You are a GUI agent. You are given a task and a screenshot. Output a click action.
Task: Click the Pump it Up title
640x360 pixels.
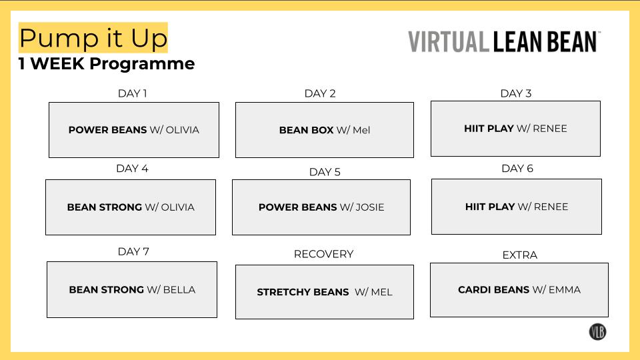pyautogui.click(x=93, y=38)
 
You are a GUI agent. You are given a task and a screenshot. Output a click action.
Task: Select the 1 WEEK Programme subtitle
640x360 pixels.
pyautogui.click(x=107, y=64)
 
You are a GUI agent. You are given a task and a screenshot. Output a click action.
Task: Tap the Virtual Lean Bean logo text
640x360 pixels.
pyautogui.click(x=504, y=41)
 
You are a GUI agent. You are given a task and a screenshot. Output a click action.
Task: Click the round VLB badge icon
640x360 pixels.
pyautogui.click(x=597, y=331)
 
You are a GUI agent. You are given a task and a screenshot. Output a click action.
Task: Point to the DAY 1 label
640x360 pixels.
pyautogui.click(x=132, y=93)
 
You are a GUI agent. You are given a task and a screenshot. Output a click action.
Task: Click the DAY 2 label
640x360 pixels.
pyautogui.click(x=320, y=93)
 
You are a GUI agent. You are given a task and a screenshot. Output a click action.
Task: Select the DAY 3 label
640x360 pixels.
pyautogui.click(x=516, y=93)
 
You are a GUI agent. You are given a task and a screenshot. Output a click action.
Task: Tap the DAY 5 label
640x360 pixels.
pyautogui.click(x=325, y=172)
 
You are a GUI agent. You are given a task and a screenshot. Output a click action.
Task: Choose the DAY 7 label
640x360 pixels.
pyautogui.click(x=133, y=251)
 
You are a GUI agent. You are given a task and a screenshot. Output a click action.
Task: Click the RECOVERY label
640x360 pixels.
pyautogui.click(x=323, y=254)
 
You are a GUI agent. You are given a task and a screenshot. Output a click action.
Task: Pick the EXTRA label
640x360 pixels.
pyautogui.click(x=519, y=255)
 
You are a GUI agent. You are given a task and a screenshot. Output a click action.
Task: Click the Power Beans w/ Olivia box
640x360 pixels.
pyautogui.click(x=133, y=130)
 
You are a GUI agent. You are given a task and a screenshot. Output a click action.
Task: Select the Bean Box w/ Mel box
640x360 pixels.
pyautogui.click(x=324, y=130)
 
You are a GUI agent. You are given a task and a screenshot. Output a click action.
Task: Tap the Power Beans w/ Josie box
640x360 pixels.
pyautogui.click(x=321, y=207)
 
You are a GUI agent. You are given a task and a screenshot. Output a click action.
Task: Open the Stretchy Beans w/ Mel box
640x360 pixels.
pyautogui.click(x=324, y=292)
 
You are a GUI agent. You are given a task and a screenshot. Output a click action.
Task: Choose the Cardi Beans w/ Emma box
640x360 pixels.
pyautogui.click(x=519, y=290)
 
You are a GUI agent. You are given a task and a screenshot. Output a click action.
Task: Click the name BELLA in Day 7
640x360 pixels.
pyautogui.click(x=179, y=290)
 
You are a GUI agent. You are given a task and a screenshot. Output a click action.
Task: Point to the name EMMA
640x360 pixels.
pyautogui.click(x=564, y=290)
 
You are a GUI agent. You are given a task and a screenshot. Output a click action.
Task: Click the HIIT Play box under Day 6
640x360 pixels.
pyautogui.click(x=516, y=207)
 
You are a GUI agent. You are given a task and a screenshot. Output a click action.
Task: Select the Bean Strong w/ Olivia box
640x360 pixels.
pyautogui.click(x=131, y=207)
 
